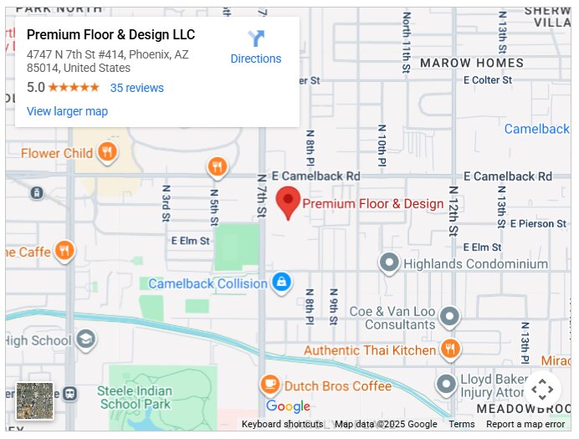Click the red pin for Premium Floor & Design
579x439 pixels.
coord(288,202)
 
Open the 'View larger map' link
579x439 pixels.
coord(67,111)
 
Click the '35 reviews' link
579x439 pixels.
coord(136,88)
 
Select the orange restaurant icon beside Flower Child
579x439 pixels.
coord(106,152)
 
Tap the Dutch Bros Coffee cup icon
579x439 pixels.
coord(269,385)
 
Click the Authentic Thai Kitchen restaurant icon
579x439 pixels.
coord(450,350)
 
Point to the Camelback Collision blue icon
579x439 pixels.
coord(282,283)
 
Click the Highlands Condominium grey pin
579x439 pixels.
coord(389,263)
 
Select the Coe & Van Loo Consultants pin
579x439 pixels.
coord(450,316)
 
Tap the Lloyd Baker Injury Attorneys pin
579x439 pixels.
coord(446,384)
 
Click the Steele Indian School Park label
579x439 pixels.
coord(134,397)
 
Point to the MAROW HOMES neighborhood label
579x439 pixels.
coord(472,63)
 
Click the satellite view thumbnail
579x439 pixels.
coord(34,401)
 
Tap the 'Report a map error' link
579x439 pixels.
coord(525,424)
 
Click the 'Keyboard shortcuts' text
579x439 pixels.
coord(282,424)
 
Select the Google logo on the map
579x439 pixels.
coord(288,406)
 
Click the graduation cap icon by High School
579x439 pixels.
coord(85,339)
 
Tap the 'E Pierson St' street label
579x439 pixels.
coord(536,223)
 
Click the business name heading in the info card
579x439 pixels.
coord(110,35)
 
